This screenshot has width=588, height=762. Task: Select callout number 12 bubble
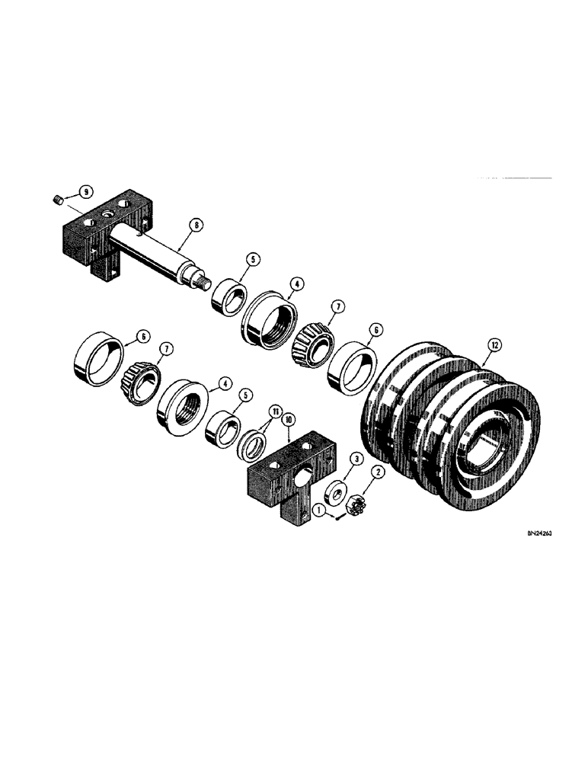tap(496, 346)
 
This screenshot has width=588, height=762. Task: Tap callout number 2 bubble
tap(374, 473)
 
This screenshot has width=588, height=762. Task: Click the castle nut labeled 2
tap(352, 504)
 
